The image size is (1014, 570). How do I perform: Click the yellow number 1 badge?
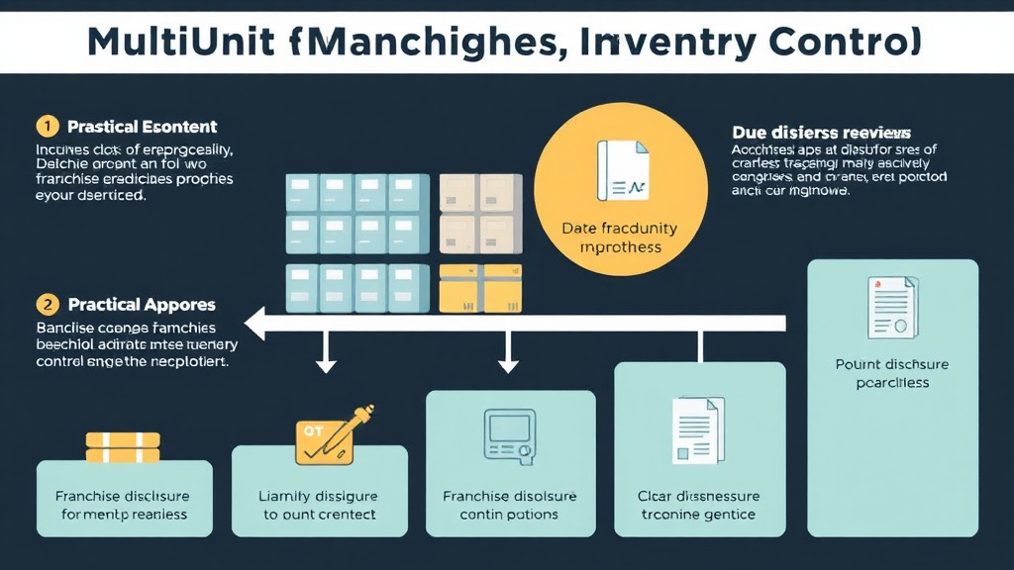point(46,127)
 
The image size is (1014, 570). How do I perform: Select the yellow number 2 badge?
point(46,305)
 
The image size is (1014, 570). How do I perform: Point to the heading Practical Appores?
point(142,305)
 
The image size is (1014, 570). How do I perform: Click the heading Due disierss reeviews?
point(821,132)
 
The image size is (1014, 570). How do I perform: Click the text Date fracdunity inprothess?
point(620,237)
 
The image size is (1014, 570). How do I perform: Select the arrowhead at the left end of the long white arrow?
point(255,324)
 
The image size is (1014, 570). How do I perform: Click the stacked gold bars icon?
point(123,446)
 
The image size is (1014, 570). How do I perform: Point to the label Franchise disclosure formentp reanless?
point(123,505)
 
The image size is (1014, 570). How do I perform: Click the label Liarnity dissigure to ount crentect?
point(319,505)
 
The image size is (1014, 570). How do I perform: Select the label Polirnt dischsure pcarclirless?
point(892,373)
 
